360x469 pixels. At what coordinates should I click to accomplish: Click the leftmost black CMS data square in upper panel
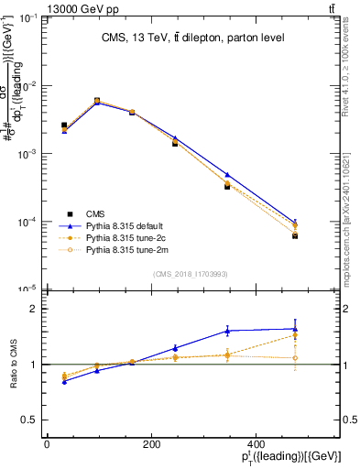tap(64, 125)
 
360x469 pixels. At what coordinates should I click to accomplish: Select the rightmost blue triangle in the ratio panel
tap(295, 329)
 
